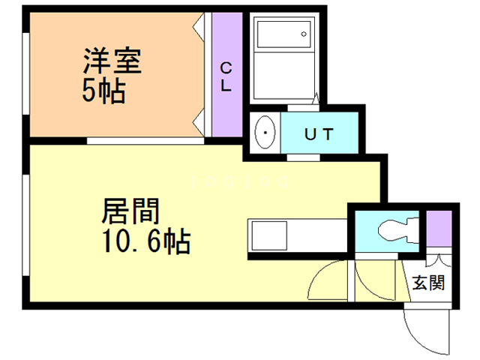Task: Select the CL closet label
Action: [226, 76]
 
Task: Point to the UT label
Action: [318, 135]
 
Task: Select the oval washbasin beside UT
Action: [264, 135]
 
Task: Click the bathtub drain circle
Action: [304, 34]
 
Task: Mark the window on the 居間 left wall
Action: [27, 225]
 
